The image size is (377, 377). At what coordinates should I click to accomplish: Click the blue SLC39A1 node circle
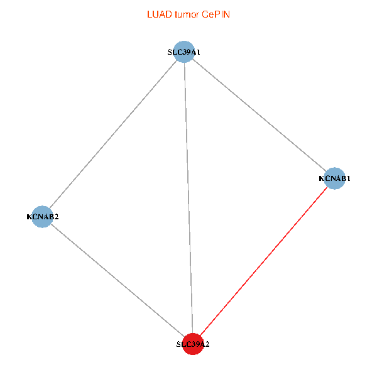pyautogui.click(x=184, y=52)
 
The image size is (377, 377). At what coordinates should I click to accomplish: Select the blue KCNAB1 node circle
pyautogui.click(x=334, y=178)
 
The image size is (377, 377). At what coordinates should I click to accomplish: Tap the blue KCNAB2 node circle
pyautogui.click(x=42, y=217)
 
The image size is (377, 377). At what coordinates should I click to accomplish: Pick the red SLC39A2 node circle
pyautogui.click(x=193, y=344)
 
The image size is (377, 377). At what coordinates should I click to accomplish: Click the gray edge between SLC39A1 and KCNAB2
pyautogui.click(x=113, y=134)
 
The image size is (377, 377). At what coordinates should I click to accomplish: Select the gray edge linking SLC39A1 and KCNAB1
pyautogui.click(x=259, y=115)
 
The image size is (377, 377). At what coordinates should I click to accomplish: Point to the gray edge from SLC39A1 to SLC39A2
pyautogui.click(x=188, y=198)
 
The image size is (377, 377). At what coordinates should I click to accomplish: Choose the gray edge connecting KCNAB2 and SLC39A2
pyautogui.click(x=117, y=280)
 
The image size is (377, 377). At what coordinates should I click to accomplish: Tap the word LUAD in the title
pyautogui.click(x=160, y=14)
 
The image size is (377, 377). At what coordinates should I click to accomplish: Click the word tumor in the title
pyautogui.click(x=187, y=14)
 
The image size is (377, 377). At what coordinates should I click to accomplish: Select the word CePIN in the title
pyautogui.click(x=216, y=14)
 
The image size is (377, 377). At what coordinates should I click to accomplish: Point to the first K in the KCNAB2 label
pyautogui.click(x=29, y=217)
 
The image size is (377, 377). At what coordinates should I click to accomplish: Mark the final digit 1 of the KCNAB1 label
pyautogui.click(x=348, y=178)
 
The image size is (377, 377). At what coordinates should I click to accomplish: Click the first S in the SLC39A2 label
pyautogui.click(x=178, y=344)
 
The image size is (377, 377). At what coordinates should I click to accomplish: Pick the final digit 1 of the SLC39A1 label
pyautogui.click(x=199, y=52)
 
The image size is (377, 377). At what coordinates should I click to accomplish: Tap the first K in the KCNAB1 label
pyautogui.click(x=322, y=178)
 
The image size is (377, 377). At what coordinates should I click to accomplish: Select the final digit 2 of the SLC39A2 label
pyautogui.click(x=207, y=344)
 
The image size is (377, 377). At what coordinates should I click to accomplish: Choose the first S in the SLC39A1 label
pyautogui.click(x=170, y=52)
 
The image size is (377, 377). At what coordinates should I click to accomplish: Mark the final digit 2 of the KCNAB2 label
pyautogui.click(x=57, y=217)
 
